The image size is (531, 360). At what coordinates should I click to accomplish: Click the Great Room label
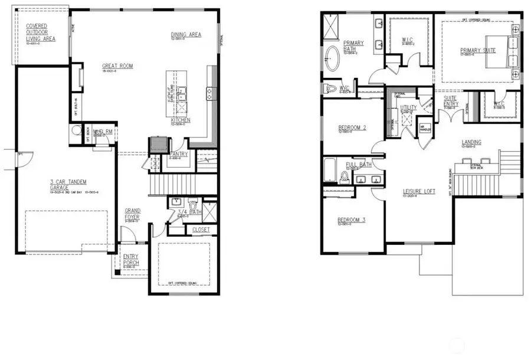point(117,66)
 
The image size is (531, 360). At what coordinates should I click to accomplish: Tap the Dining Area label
point(186,34)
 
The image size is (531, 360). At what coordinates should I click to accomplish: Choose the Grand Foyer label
point(133,214)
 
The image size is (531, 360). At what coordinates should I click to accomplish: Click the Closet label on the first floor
point(201,230)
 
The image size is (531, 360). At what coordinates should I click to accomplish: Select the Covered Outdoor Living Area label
point(41,33)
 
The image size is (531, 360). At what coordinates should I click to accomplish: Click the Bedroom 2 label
point(352,127)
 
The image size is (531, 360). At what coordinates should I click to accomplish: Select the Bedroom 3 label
point(351,220)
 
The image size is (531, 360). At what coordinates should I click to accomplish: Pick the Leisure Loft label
point(419,191)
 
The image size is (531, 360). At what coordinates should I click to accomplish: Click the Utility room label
point(408,107)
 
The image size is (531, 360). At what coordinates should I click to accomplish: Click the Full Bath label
point(358,165)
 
